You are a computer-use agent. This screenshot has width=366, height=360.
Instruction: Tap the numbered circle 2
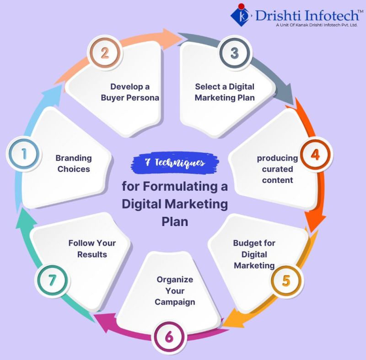click(105, 53)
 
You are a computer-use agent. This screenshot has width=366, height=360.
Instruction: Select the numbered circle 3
click(234, 53)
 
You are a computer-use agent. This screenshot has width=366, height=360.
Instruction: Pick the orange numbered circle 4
click(315, 154)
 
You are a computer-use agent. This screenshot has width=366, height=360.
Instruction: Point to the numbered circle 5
click(286, 280)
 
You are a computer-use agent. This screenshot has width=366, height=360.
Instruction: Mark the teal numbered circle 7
click(52, 280)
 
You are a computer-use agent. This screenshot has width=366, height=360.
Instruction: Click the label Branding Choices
click(73, 163)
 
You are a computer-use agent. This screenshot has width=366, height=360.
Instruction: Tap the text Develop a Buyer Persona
click(130, 92)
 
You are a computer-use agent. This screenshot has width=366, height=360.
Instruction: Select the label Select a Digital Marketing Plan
click(225, 92)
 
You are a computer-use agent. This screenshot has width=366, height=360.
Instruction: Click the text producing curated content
click(277, 169)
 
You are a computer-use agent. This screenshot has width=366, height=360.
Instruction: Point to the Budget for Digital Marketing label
click(254, 254)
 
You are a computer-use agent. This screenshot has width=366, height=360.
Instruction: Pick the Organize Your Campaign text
click(175, 290)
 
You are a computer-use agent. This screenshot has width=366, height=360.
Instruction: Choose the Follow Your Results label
click(92, 248)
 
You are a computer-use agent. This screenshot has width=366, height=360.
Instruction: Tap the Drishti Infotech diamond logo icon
click(241, 15)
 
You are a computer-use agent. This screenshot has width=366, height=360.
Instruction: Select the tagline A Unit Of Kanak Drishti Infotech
click(316, 25)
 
